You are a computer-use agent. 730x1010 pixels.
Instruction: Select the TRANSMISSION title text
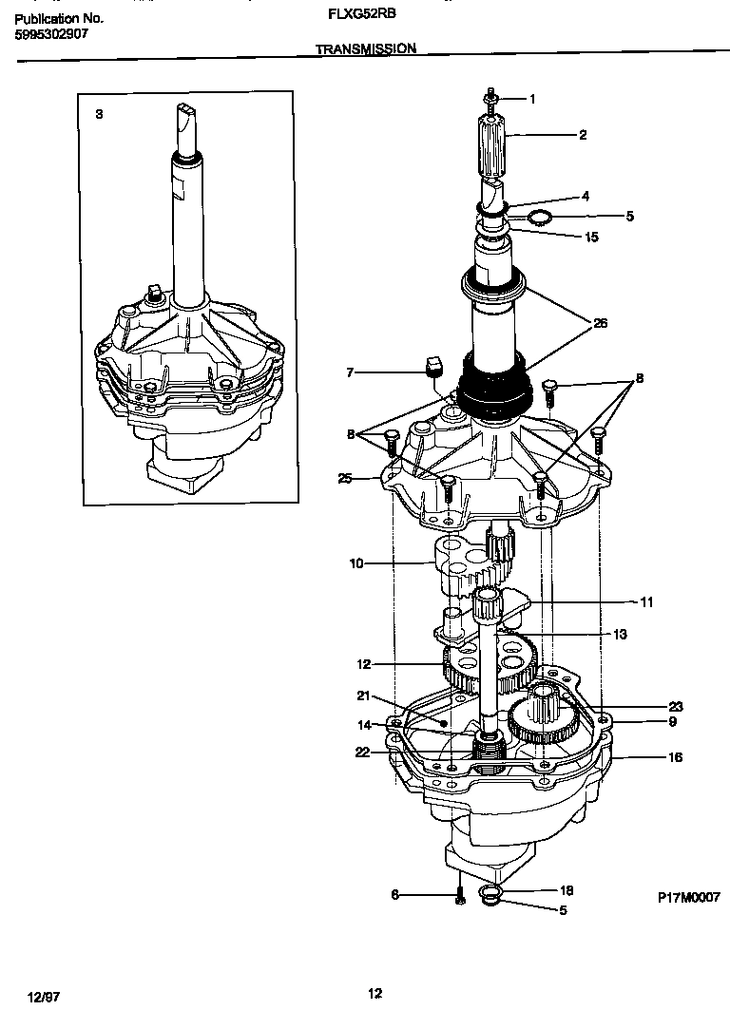(x=366, y=49)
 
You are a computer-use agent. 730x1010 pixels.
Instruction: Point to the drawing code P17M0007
(x=688, y=897)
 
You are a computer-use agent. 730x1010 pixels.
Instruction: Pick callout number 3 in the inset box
(x=99, y=114)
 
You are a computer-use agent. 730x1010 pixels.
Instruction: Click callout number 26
(x=600, y=323)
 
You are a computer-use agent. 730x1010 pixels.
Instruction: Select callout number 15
(x=591, y=237)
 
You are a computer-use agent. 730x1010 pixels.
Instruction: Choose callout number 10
(x=356, y=563)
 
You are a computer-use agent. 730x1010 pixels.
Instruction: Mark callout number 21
(x=362, y=696)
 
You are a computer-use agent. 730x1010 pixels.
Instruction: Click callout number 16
(x=675, y=758)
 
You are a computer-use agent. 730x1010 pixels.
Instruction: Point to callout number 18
(x=565, y=890)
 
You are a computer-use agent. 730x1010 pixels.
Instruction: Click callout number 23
(x=675, y=707)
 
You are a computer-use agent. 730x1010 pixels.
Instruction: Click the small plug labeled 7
(x=432, y=367)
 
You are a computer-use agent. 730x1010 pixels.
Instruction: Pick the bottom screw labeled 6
(x=459, y=894)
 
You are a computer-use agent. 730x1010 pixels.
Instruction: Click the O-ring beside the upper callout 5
(x=537, y=219)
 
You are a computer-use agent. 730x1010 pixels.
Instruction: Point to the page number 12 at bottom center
(x=375, y=994)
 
